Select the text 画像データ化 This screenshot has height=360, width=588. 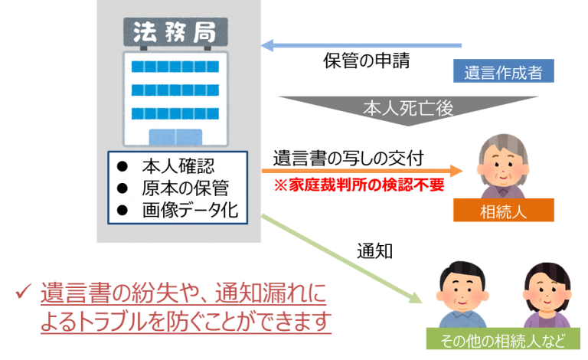[x=191, y=209]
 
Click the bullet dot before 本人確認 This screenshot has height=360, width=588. [x=121, y=168]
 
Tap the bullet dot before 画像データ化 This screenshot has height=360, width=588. [x=121, y=209]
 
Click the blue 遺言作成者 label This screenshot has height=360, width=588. [x=503, y=73]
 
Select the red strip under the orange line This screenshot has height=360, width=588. [x=361, y=185]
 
